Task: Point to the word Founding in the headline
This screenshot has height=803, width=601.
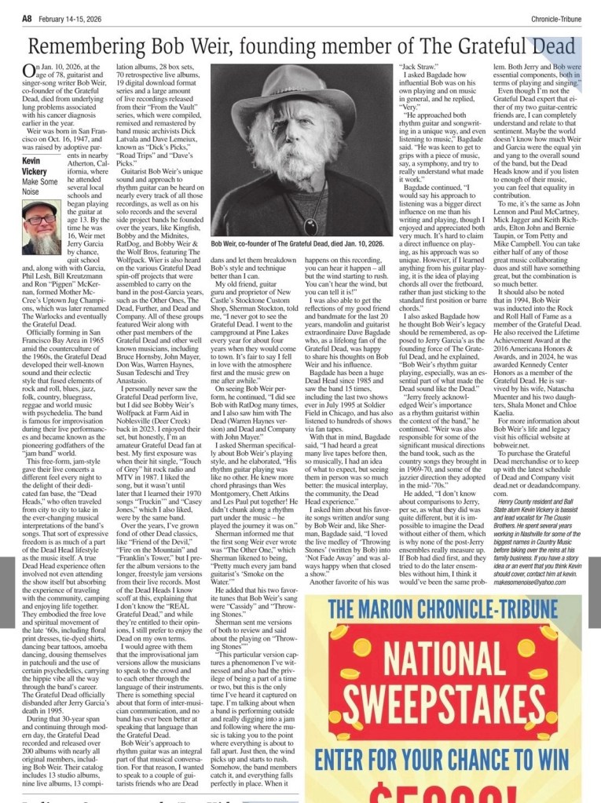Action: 313,47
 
